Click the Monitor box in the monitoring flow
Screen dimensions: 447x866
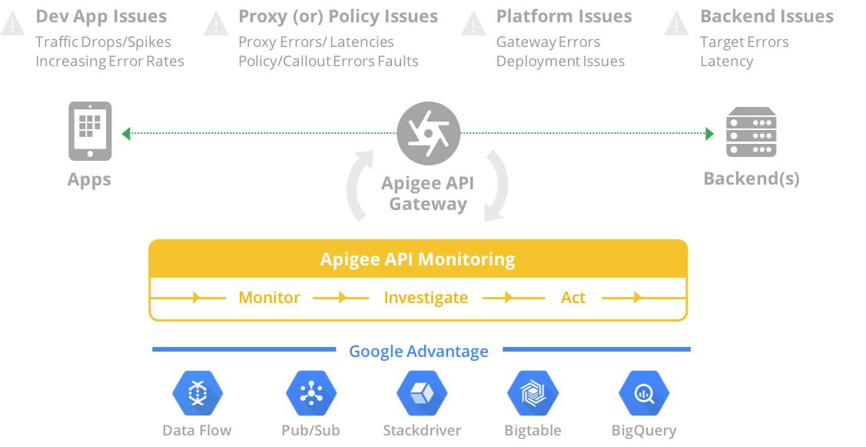(269, 298)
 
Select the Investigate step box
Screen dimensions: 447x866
(426, 298)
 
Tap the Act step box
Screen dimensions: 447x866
(573, 298)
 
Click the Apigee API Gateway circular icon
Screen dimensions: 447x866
(428, 134)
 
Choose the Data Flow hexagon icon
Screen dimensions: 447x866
(197, 393)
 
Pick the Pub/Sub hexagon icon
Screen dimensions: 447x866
(311, 393)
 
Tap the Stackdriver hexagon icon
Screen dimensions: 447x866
(422, 393)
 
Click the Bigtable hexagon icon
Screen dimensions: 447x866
(533, 393)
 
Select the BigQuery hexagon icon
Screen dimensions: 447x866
(644, 393)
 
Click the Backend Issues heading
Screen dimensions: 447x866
(766, 16)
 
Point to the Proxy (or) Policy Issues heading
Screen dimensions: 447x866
(338, 16)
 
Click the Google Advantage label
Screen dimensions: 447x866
(419, 352)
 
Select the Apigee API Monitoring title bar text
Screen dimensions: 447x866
(417, 259)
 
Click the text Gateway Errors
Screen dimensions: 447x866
(548, 42)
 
